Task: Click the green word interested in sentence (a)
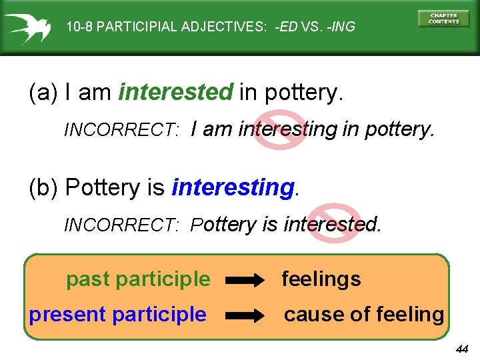(x=175, y=93)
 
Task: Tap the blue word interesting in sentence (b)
(x=233, y=188)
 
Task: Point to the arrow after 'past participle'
(x=245, y=281)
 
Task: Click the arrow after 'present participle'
(x=245, y=315)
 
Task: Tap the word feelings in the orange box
(x=321, y=279)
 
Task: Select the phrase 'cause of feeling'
(x=364, y=314)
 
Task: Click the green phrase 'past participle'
(x=137, y=279)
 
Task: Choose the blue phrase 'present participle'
(x=117, y=314)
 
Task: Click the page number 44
(x=462, y=349)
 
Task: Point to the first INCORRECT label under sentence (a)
(x=121, y=131)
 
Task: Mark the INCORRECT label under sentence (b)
(x=121, y=225)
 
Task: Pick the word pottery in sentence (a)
(x=303, y=93)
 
